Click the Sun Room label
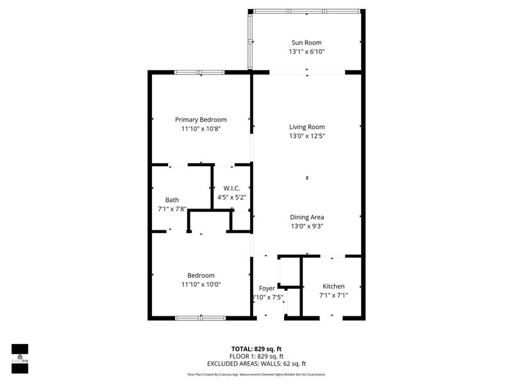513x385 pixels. (x=307, y=42)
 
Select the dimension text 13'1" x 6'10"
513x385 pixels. (x=307, y=52)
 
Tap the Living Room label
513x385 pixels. (x=307, y=126)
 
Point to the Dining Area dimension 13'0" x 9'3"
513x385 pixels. (x=307, y=226)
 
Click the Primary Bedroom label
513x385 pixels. (x=201, y=119)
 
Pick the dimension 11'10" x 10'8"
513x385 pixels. (x=201, y=129)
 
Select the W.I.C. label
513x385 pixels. (x=231, y=188)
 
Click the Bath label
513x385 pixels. (x=172, y=200)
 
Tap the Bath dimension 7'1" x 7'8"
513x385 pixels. (x=172, y=209)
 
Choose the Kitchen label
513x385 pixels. (x=333, y=286)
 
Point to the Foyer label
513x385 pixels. (x=267, y=288)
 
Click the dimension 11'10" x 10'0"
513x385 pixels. (x=201, y=284)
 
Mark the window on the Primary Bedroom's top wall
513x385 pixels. (x=199, y=73)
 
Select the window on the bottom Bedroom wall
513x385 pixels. (x=200, y=317)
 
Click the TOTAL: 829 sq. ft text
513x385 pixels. (x=256, y=348)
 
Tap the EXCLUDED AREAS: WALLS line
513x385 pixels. (x=256, y=364)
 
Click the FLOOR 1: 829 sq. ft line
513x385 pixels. (x=256, y=356)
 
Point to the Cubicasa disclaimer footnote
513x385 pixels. (x=256, y=374)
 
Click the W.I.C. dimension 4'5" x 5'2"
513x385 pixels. (x=231, y=198)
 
